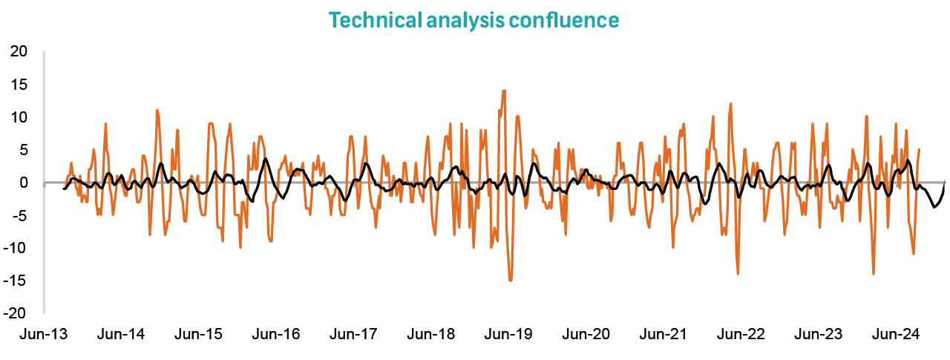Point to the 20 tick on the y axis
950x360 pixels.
tap(19, 52)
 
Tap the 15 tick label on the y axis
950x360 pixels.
tap(19, 85)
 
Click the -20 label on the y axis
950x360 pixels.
tap(16, 313)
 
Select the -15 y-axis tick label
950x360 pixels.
tap(16, 281)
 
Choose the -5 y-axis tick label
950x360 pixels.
tap(19, 215)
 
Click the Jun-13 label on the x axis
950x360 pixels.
tap(42, 335)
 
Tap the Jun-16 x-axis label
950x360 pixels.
tap(275, 335)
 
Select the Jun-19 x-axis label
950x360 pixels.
tap(508, 335)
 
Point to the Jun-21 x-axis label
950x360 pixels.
tap(664, 335)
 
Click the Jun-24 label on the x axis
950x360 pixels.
tap(897, 335)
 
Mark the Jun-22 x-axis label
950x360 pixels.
tap(741, 335)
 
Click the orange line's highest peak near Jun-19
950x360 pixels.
tap(504, 91)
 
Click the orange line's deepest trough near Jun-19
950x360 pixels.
tap(511, 280)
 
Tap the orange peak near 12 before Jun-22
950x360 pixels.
tap(731, 104)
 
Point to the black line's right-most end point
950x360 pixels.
tap(945, 182)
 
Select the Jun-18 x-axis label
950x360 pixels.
tap(430, 335)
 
